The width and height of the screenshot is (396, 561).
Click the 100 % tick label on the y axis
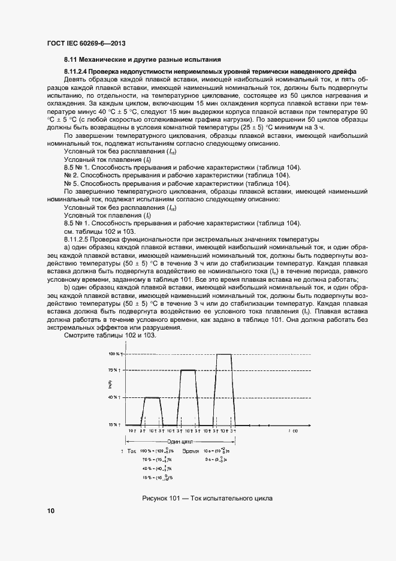point(115,354)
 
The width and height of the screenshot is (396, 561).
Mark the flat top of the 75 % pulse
point(188,370)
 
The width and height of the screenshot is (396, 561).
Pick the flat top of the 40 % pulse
point(152,397)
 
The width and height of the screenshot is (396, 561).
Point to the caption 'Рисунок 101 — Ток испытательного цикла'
point(207,498)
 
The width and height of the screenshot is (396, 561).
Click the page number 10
point(51,511)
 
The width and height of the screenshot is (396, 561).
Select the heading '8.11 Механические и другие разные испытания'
point(143,60)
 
